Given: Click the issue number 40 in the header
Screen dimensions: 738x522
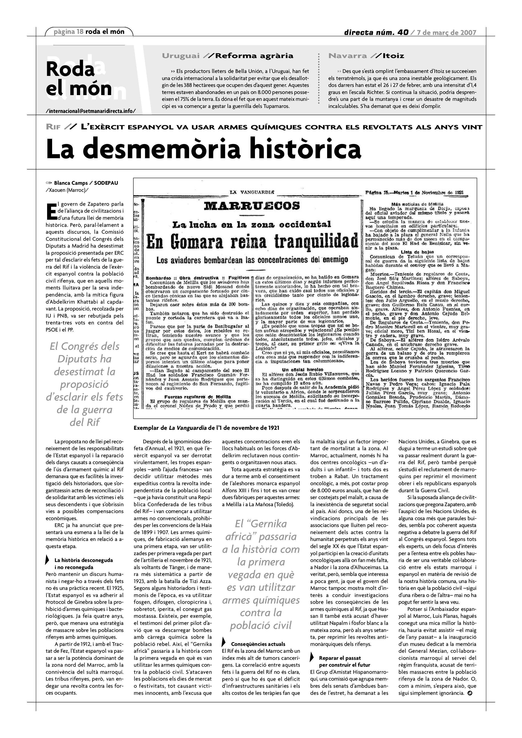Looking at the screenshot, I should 403,32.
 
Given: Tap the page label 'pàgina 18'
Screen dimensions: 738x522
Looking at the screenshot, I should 68,32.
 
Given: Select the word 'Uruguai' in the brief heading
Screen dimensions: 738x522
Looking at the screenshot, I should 181,56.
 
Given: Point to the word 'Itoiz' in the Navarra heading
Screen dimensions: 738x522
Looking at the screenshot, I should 394,56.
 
